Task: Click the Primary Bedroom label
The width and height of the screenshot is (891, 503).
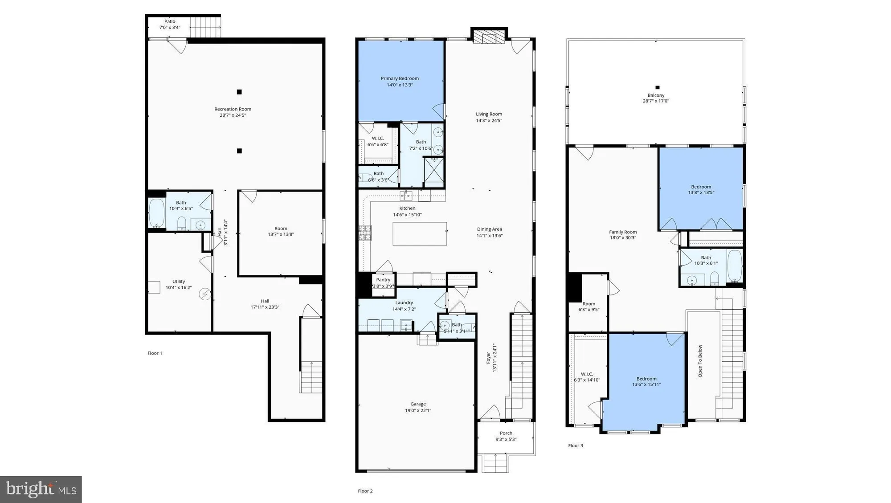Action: (400, 78)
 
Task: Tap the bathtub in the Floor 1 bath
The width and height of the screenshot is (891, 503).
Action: (156, 213)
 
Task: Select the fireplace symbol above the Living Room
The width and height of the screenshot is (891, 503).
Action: (489, 37)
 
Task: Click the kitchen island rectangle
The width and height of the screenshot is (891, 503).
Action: (420, 234)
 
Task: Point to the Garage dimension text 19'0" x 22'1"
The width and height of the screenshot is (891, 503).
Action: (418, 410)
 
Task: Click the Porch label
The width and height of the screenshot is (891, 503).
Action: (506, 433)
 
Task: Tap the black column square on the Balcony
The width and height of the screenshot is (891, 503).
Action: (657, 88)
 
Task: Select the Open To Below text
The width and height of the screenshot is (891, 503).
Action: (700, 361)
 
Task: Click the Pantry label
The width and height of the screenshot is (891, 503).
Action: (383, 280)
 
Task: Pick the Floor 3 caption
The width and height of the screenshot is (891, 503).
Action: (576, 446)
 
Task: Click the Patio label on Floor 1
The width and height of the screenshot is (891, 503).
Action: (170, 21)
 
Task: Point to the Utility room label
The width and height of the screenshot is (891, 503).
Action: (179, 282)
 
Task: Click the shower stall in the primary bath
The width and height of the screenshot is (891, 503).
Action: (433, 172)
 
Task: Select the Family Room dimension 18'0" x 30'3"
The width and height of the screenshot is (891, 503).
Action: (623, 238)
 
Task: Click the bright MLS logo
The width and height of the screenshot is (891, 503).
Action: (41, 489)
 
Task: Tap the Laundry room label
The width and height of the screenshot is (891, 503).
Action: (404, 303)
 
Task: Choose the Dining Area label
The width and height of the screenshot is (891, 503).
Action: (489, 229)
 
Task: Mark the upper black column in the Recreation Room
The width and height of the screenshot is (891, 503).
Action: (239, 92)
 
